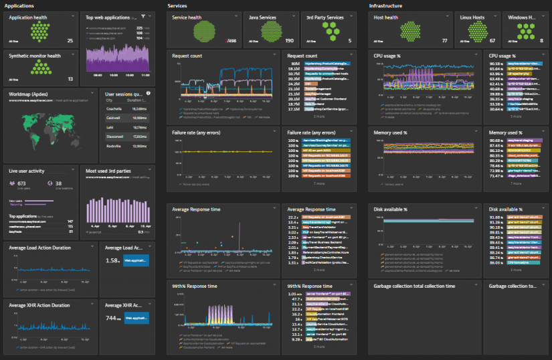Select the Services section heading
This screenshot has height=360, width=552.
pos(177,5)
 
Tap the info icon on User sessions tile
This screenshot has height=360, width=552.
pos(148,94)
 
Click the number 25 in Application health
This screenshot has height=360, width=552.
pos(70,41)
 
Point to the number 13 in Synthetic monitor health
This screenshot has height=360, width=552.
pos(70,79)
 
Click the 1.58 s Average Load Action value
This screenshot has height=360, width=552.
pos(113,260)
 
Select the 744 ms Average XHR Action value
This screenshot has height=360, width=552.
pos(113,318)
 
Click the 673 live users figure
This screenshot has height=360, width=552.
pos(21,183)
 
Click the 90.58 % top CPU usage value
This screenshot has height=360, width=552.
pos(496,64)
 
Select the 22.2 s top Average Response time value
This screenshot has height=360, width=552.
pos(293,217)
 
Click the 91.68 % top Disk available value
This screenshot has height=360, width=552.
pos(496,217)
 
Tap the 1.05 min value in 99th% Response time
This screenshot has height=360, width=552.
pos(293,294)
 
